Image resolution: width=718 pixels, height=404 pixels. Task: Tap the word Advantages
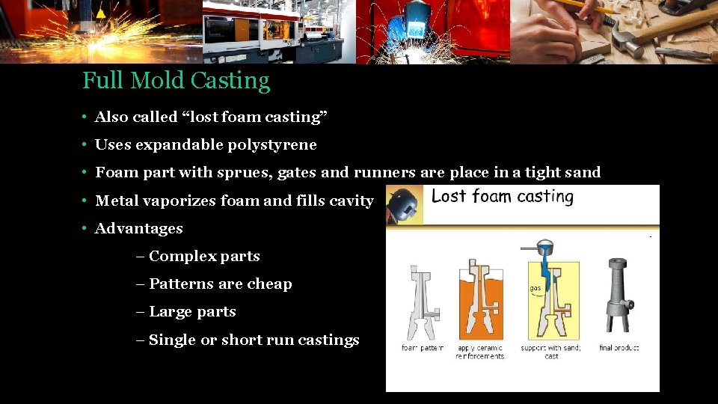[x=138, y=228]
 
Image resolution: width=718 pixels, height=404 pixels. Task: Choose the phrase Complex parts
[x=204, y=256]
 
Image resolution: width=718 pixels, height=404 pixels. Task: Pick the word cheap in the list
[x=272, y=284]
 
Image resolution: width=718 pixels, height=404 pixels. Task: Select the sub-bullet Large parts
[x=192, y=311]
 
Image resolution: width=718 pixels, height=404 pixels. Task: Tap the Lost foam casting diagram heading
[x=503, y=197]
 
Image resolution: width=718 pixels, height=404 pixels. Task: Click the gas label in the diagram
[x=535, y=288]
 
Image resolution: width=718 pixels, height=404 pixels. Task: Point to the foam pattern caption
[x=423, y=348]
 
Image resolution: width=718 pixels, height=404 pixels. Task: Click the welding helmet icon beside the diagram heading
[x=405, y=204]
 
